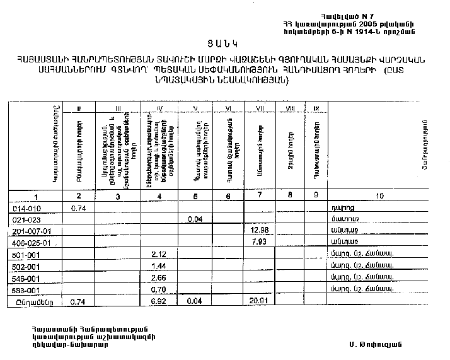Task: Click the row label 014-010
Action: point(26,208)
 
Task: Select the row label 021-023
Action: point(26,219)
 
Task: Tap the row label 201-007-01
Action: point(31,231)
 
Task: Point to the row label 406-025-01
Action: point(31,243)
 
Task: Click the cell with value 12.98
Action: point(259,230)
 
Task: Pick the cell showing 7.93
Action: point(259,241)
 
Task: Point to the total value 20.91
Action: point(259,302)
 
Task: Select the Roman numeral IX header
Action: point(315,109)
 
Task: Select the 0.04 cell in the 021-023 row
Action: point(196,219)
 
